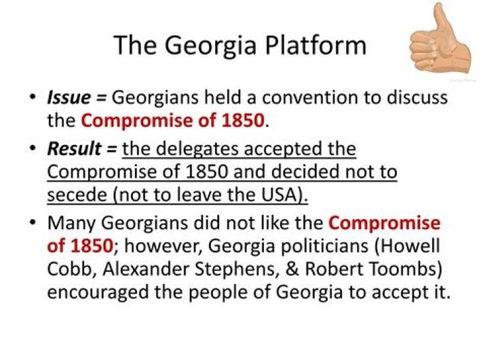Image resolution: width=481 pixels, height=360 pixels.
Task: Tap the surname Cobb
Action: pyautogui.click(x=65, y=269)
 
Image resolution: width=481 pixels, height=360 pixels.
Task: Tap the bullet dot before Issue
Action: pyautogui.click(x=32, y=98)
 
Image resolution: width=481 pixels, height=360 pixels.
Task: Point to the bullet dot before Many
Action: pyautogui.click(x=32, y=222)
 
